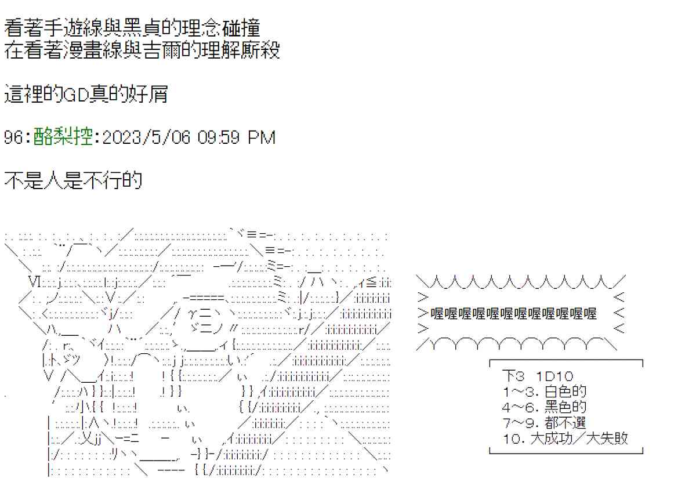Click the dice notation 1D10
556,376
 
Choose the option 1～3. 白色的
545,391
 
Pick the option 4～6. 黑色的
545,407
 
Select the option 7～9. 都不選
545,423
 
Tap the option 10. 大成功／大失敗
565,438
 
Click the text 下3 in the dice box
514,376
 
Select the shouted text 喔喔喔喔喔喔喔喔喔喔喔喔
514,314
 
